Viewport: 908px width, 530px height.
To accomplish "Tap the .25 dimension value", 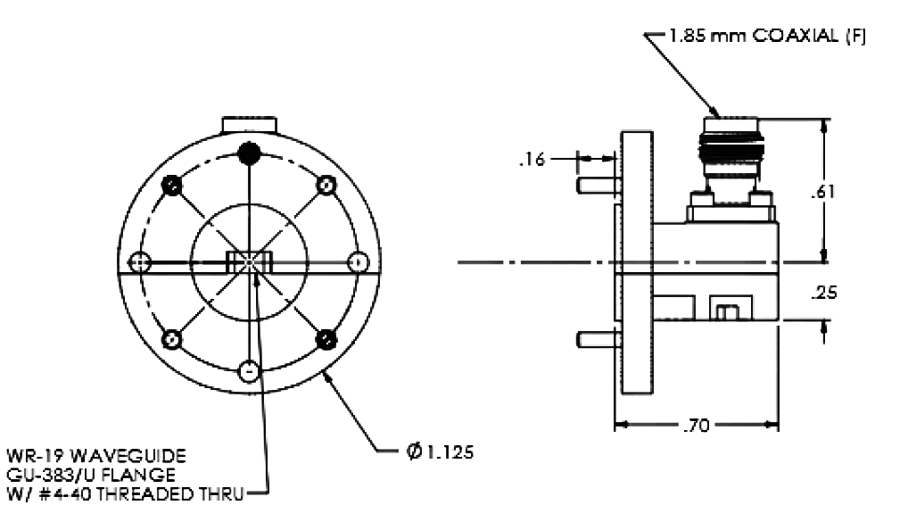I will click(829, 294).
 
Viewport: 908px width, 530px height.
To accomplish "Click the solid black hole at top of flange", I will click(251, 153).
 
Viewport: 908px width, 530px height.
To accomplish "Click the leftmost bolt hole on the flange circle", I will click(137, 261).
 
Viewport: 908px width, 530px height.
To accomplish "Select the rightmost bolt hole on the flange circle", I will click(358, 261).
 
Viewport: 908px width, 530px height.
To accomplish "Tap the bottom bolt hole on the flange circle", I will click(250, 369).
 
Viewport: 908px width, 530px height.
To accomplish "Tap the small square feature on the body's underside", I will click(723, 310).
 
